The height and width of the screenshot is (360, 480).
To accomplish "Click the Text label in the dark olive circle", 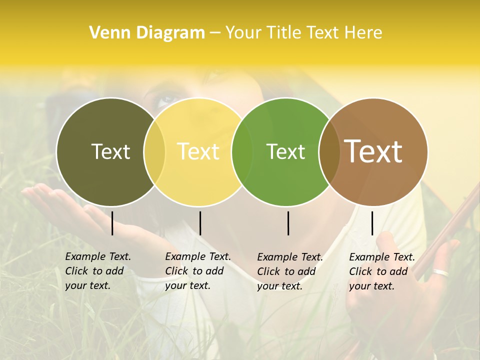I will coord(110,151).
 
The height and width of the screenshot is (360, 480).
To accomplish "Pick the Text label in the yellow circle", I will coord(198,151).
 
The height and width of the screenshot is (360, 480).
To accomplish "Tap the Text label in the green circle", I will coord(285,151).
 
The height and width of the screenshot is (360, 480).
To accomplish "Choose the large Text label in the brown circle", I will coord(373,151).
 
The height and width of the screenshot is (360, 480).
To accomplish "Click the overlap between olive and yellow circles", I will coord(154,151).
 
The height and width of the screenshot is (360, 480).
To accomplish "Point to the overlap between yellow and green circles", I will coord(242,151).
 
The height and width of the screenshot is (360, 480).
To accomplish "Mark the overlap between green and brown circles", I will coord(329,151).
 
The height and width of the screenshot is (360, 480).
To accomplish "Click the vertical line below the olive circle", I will coord(112,223).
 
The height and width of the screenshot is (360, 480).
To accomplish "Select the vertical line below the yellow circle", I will coord(200,223).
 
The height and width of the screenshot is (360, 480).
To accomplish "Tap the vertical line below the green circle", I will coord(288,223).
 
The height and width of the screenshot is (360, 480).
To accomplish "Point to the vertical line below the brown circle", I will coord(372,223).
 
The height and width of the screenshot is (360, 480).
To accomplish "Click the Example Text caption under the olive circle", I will coord(98,271).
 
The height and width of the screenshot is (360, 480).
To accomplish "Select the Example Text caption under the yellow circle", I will coord(198,271).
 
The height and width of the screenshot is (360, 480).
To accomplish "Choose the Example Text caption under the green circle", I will coord(290,271).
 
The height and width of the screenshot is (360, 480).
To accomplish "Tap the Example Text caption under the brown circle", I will coord(382,271).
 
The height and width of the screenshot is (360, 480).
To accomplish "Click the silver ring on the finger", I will coord(441,272).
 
